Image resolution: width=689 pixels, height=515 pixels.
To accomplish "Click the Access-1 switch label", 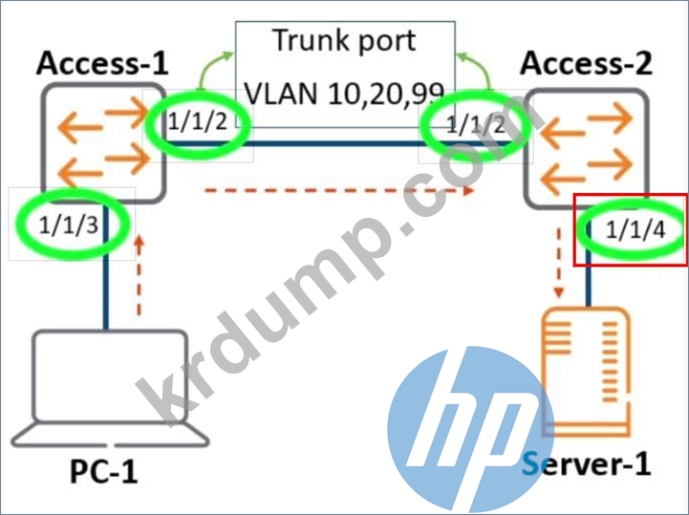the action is click(102, 63).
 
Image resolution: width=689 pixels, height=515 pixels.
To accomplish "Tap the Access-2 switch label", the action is click(586, 63).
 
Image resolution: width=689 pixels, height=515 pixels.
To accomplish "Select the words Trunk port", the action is click(344, 42).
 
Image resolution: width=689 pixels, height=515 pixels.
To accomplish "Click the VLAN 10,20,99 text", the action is click(344, 94).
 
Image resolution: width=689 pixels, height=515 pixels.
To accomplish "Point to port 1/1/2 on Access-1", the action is click(198, 121).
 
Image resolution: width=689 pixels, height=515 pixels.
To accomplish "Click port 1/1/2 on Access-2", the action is click(476, 125).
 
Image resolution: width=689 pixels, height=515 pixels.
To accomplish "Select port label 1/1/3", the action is click(69, 225).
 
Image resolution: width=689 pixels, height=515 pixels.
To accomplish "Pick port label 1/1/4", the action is click(635, 229).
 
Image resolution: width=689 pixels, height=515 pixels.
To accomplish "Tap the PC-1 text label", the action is click(104, 472).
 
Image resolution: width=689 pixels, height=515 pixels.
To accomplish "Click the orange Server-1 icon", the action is click(587, 373).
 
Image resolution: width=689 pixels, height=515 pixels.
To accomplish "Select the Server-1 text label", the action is click(586, 464).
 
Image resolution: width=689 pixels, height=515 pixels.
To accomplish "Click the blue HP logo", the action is click(465, 430).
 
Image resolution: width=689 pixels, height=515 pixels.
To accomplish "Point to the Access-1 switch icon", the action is click(104, 143).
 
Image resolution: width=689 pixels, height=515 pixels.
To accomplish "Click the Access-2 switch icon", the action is click(586, 148).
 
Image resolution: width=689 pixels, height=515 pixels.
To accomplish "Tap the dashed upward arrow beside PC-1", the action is click(139, 276).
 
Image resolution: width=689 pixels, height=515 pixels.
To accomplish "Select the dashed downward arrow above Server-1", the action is click(559, 263).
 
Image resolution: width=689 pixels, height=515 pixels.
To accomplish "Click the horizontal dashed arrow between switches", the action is click(339, 191).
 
